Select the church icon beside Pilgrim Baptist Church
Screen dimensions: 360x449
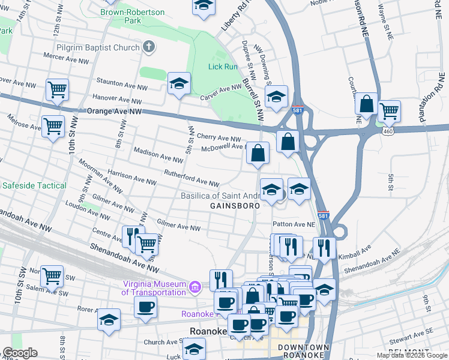148,47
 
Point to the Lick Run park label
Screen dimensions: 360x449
223,67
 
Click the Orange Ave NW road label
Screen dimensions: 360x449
114,112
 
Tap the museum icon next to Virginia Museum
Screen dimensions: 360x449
194,288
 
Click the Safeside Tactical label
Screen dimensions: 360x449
35,185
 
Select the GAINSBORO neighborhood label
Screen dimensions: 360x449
235,206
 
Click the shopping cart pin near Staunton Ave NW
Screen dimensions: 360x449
57,89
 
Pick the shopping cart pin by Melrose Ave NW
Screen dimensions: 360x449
53,126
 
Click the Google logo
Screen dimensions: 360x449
20,353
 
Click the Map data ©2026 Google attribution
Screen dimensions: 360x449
412,355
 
